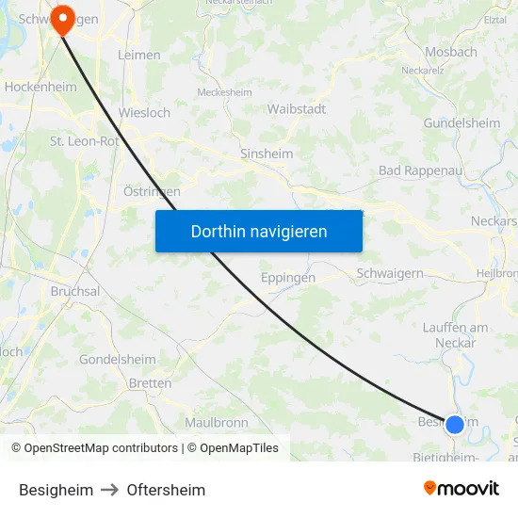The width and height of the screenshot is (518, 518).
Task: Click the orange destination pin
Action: click(x=63, y=18)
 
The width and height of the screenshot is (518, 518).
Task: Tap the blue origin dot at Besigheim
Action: click(x=455, y=424)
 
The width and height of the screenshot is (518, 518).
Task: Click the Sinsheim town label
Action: click(x=267, y=154)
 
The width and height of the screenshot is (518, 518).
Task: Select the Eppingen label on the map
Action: click(x=287, y=279)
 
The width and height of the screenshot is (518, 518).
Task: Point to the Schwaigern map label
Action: click(x=390, y=273)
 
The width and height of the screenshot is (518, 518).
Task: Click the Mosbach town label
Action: click(x=451, y=53)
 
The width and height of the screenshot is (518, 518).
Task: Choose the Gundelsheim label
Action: click(x=461, y=123)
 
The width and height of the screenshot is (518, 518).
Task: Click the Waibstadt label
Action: click(x=297, y=109)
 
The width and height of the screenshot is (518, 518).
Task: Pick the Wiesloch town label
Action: click(x=144, y=113)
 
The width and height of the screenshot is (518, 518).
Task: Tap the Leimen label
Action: click(x=139, y=56)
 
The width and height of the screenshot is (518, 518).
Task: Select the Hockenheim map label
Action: click(x=40, y=87)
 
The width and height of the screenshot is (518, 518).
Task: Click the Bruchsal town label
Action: click(x=75, y=292)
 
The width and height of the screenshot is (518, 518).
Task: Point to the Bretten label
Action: click(x=151, y=383)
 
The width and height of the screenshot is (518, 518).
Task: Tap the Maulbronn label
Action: click(x=217, y=423)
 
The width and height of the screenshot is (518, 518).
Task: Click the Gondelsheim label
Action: click(x=118, y=360)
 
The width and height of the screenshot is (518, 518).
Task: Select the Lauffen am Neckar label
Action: click(x=456, y=334)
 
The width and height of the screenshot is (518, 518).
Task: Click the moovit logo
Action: click(x=461, y=489)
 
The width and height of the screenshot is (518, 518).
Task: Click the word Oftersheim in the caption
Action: click(x=166, y=490)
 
